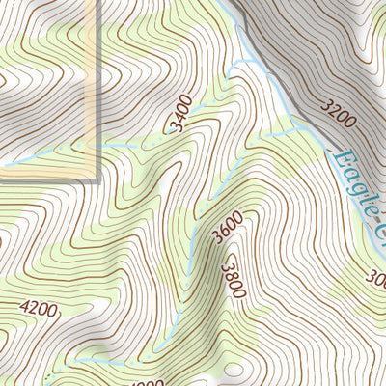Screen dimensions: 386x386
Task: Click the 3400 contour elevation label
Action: [179, 113]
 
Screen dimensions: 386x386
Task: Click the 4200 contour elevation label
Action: [38, 310]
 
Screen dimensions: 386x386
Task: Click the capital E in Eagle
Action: [340, 158]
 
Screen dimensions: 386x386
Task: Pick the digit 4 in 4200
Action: [24, 308]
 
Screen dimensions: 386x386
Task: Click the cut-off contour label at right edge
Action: [377, 279]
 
